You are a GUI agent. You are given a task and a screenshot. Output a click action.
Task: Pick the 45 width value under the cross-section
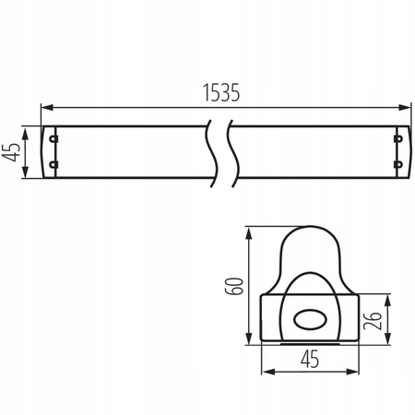click(309, 361)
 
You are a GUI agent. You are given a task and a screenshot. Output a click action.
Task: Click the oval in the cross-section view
click(308, 320)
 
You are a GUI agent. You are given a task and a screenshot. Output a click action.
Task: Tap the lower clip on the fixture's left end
click(53, 165)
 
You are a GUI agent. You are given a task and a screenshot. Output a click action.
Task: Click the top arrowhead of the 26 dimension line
click(386, 297)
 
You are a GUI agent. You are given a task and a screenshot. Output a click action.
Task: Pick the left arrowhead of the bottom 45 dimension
click(268, 372)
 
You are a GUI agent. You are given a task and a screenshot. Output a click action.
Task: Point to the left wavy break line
click(209, 151)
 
